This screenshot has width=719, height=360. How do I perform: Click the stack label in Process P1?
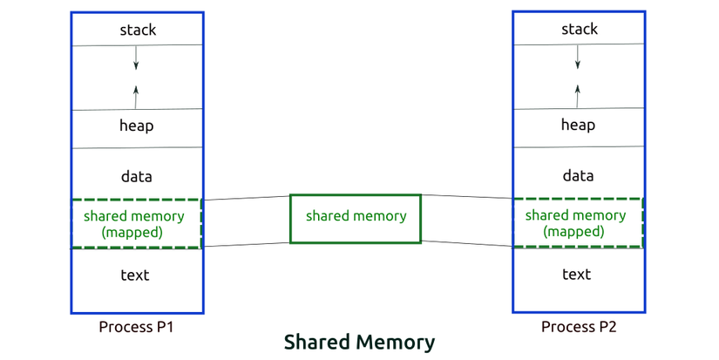138,30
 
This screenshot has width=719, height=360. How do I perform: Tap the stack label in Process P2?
580,29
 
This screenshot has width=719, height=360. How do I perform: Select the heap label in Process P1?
136,126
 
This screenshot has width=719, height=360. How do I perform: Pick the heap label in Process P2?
578,125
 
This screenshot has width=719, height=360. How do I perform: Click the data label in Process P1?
136,177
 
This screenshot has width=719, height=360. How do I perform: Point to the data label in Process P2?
578,176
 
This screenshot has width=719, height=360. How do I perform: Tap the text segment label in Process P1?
135,275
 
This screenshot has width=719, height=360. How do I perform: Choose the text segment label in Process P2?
577,275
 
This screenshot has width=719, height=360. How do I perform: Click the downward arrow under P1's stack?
135,58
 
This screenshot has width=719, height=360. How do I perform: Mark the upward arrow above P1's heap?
136,97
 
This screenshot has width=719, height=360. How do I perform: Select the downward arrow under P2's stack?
577,57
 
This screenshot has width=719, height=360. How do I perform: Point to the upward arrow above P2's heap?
577,96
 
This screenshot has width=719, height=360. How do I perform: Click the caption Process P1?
136,327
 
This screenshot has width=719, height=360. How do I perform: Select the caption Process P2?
579,327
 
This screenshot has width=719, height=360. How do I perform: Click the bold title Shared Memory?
359,342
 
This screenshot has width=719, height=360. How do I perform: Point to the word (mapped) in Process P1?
132,232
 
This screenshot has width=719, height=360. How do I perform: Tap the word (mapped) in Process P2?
573,231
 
